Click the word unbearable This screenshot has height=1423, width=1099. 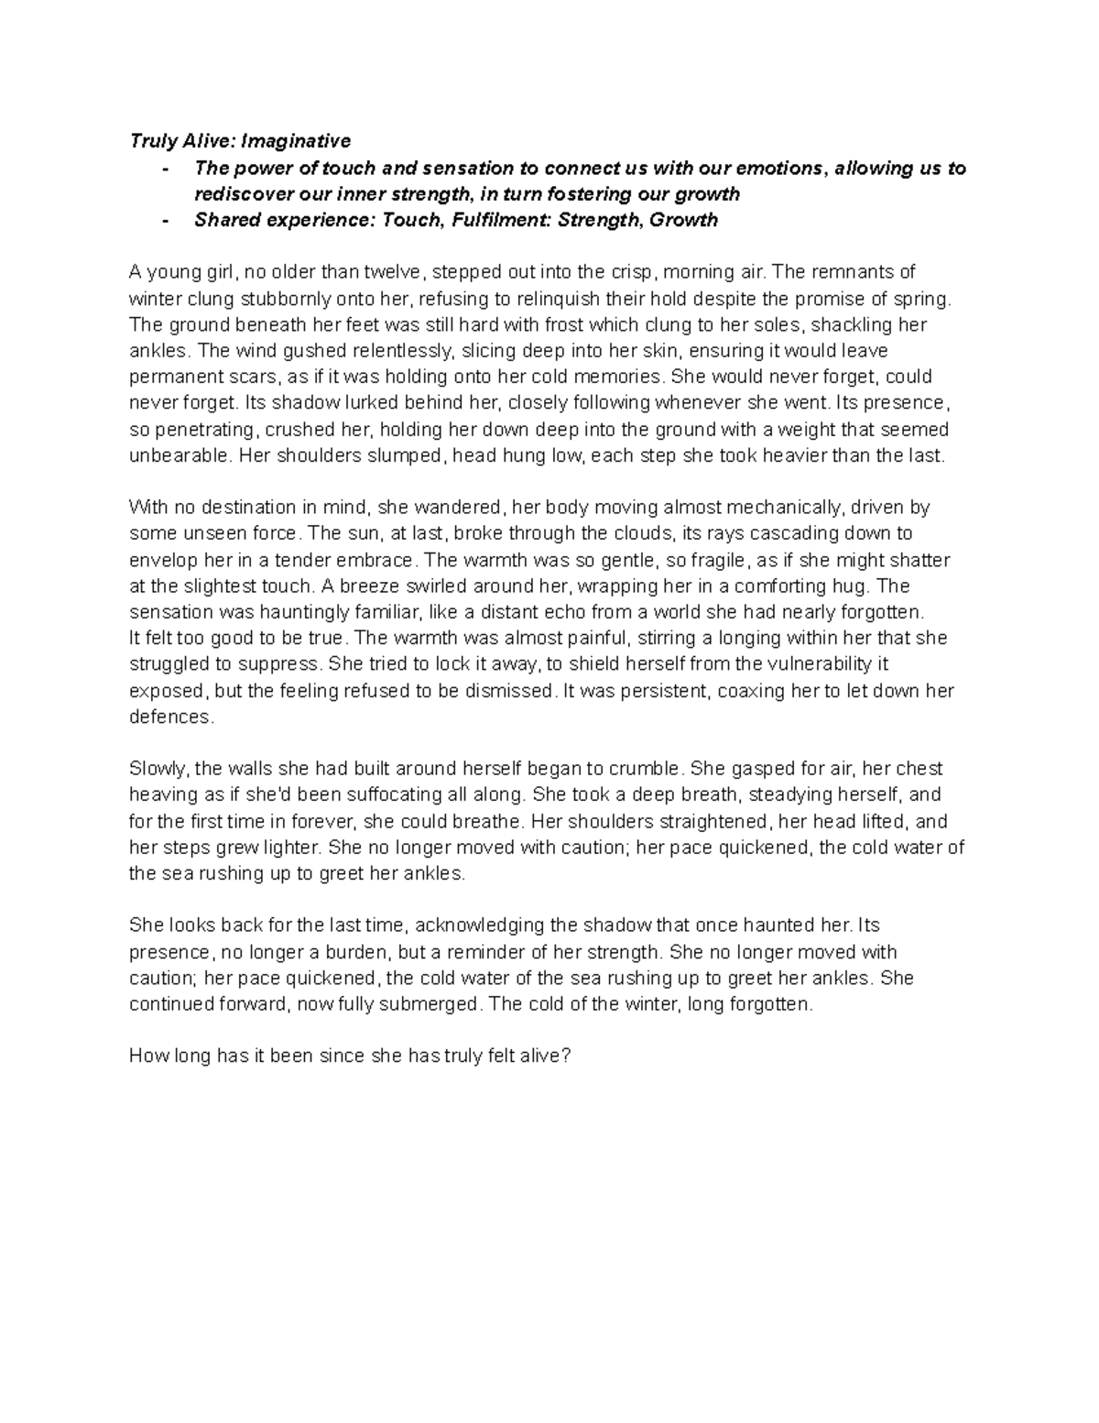175,456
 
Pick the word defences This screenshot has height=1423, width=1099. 170,717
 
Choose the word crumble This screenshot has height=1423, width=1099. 649,769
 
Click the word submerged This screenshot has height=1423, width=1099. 435,1004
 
